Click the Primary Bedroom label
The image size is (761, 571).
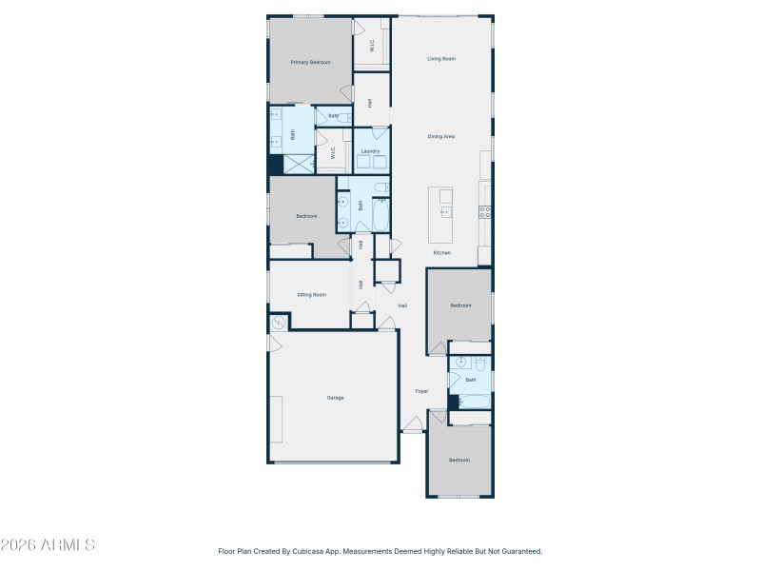(311, 62)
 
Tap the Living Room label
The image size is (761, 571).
(440, 59)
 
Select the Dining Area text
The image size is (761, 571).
(440, 137)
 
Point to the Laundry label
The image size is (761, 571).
(371, 151)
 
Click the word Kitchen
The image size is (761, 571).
(441, 253)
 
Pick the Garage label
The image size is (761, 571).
(335, 398)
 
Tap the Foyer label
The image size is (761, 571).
(421, 391)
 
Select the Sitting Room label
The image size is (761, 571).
(311, 295)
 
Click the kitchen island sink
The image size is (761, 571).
(445, 211)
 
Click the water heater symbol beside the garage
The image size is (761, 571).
(279, 324)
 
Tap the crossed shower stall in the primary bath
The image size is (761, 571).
(299, 164)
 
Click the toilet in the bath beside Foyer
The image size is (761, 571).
(480, 364)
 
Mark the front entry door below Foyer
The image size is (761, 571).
(413, 431)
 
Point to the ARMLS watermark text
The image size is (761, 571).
(48, 545)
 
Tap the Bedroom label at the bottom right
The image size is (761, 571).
(459, 460)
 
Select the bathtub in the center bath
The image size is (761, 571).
(381, 215)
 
